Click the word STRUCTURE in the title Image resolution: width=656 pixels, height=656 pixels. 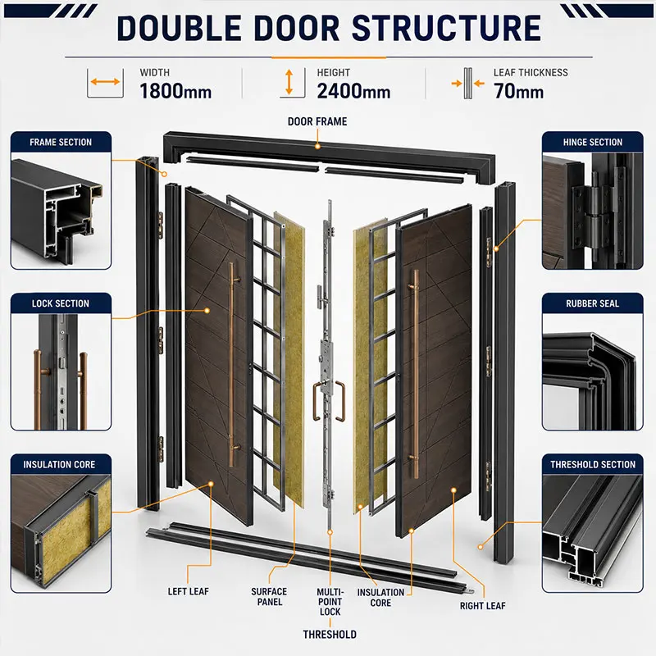tap(446, 28)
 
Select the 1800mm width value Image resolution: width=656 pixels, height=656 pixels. tap(175, 91)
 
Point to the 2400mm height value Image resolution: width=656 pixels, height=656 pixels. tap(353, 91)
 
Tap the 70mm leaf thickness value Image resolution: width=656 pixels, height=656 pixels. tap(518, 91)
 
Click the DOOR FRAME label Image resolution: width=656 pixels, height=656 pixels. tap(317, 121)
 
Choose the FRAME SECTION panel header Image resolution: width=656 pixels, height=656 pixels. tap(61, 142)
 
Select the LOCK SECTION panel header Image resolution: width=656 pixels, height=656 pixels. tap(61, 303)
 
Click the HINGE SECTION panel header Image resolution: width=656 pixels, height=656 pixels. tap(592, 142)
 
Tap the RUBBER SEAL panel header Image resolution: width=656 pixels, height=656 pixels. tap(592, 303)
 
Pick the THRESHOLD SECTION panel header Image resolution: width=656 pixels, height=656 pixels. tap(592, 464)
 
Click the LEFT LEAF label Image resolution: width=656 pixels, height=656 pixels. tap(189, 591)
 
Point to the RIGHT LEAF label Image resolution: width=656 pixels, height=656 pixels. tap(483, 606)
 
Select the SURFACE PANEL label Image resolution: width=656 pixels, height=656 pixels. tap(269, 597)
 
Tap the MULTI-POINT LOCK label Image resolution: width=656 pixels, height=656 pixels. tap(330, 602)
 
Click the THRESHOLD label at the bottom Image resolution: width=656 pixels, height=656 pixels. tap(330, 634)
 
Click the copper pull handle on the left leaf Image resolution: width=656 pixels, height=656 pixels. tap(231, 364)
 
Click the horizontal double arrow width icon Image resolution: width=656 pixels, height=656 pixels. tap(105, 81)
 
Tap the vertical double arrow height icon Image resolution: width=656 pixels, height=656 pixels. tap(289, 81)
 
